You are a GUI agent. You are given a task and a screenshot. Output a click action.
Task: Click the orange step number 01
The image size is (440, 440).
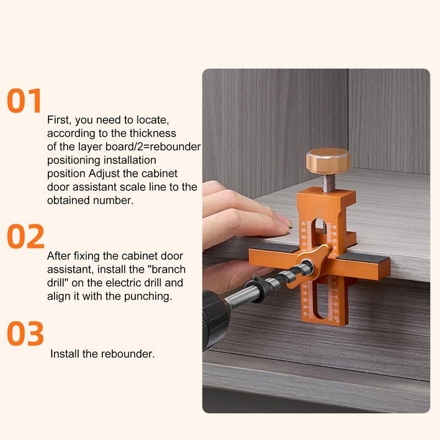coord(25,101)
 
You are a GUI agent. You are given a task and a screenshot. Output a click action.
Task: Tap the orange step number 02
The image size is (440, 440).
coord(25,237)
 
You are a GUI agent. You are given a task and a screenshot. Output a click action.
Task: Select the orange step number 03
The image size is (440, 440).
coord(25,333)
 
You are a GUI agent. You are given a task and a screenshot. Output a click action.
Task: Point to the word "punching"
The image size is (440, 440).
coord(148,296)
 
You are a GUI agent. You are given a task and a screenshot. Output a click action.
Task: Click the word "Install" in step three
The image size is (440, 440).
coord(65,354)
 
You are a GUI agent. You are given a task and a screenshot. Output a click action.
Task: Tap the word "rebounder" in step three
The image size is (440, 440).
coord(128,354)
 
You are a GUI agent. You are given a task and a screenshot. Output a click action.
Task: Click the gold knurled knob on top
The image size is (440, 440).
coord(328,161)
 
